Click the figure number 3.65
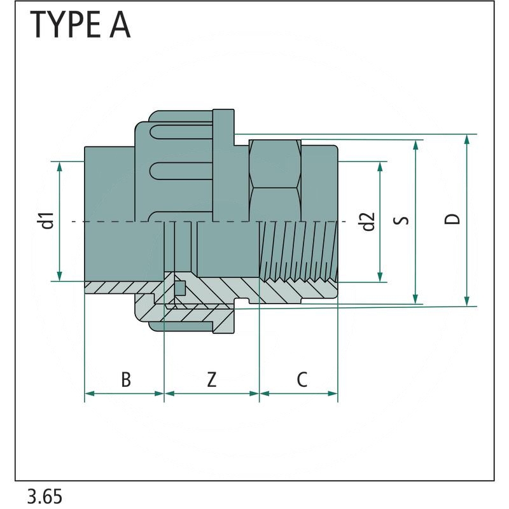click(45, 496)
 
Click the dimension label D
click(452, 220)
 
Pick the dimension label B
click(126, 380)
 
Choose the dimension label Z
click(211, 380)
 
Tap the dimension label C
click(302, 380)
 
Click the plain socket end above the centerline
click(108, 185)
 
